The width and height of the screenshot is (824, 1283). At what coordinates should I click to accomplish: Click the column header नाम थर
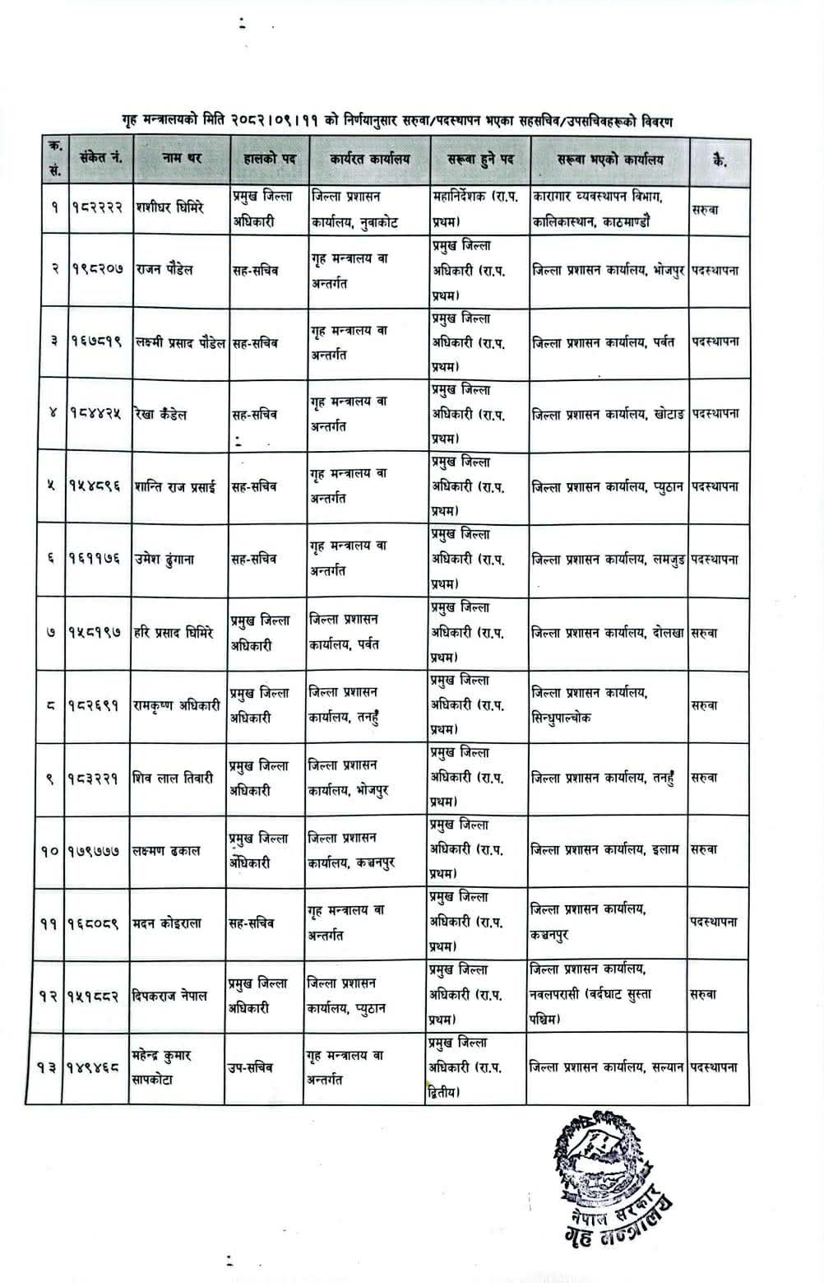pos(179,158)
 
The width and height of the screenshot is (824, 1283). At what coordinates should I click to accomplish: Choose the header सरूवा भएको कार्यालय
pos(609,160)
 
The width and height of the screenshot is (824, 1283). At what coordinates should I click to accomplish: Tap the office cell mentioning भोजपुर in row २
pos(609,270)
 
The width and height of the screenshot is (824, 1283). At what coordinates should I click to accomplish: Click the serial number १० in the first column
pos(49,851)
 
